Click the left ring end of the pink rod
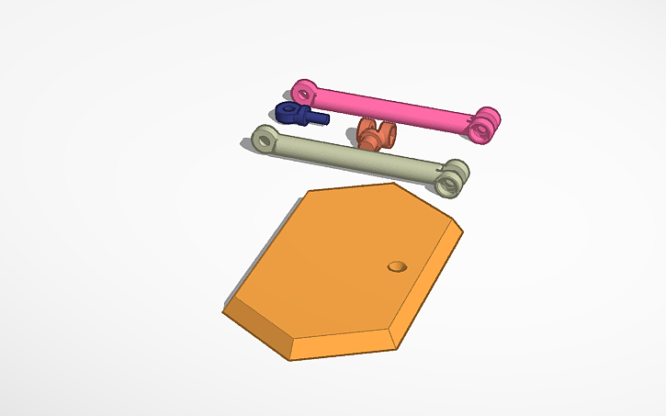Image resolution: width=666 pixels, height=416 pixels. point(304,92)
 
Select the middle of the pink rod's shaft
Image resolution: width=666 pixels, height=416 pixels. point(395,106)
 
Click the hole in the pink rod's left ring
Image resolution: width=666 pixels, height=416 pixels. point(306,92)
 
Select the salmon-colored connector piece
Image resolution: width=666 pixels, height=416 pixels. point(375,135)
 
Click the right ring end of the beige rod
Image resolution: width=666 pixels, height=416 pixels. point(451,177)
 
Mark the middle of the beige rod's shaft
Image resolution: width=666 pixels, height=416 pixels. point(358,157)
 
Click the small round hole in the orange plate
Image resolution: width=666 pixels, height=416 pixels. point(397,266)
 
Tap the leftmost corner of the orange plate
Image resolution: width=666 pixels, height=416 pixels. point(224,310)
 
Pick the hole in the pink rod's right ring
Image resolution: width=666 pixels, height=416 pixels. point(480,129)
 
